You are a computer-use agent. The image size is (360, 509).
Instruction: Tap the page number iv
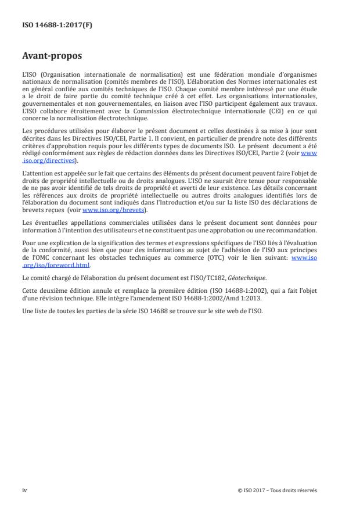[24, 490]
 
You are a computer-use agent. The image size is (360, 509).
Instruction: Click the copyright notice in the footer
[278, 490]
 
